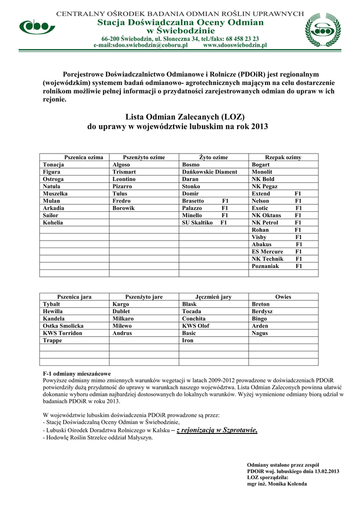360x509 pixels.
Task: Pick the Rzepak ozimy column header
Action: tap(283, 158)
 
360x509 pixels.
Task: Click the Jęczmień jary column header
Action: tap(213, 297)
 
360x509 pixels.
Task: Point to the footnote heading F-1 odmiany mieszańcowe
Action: tap(77, 373)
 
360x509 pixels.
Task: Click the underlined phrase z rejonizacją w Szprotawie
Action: tap(217, 430)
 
